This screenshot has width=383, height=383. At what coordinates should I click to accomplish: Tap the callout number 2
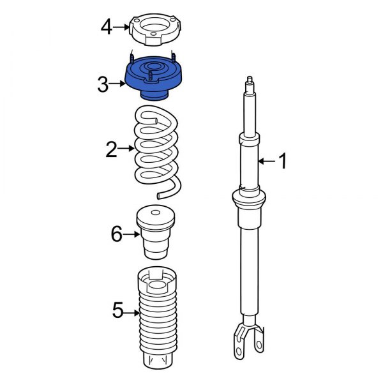tap(112, 151)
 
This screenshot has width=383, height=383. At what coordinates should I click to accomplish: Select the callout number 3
tap(104, 84)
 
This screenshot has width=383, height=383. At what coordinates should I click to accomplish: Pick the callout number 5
tap(117, 312)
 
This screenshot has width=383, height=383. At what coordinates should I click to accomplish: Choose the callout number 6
tap(116, 234)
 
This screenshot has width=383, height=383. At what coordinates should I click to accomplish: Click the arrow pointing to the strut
tap(266, 162)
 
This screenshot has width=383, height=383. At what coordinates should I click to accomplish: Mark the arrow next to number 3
tap(119, 84)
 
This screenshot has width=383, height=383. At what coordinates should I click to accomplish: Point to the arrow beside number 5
tap(131, 312)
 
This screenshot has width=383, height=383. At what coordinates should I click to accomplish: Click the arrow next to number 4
tap(123, 27)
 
